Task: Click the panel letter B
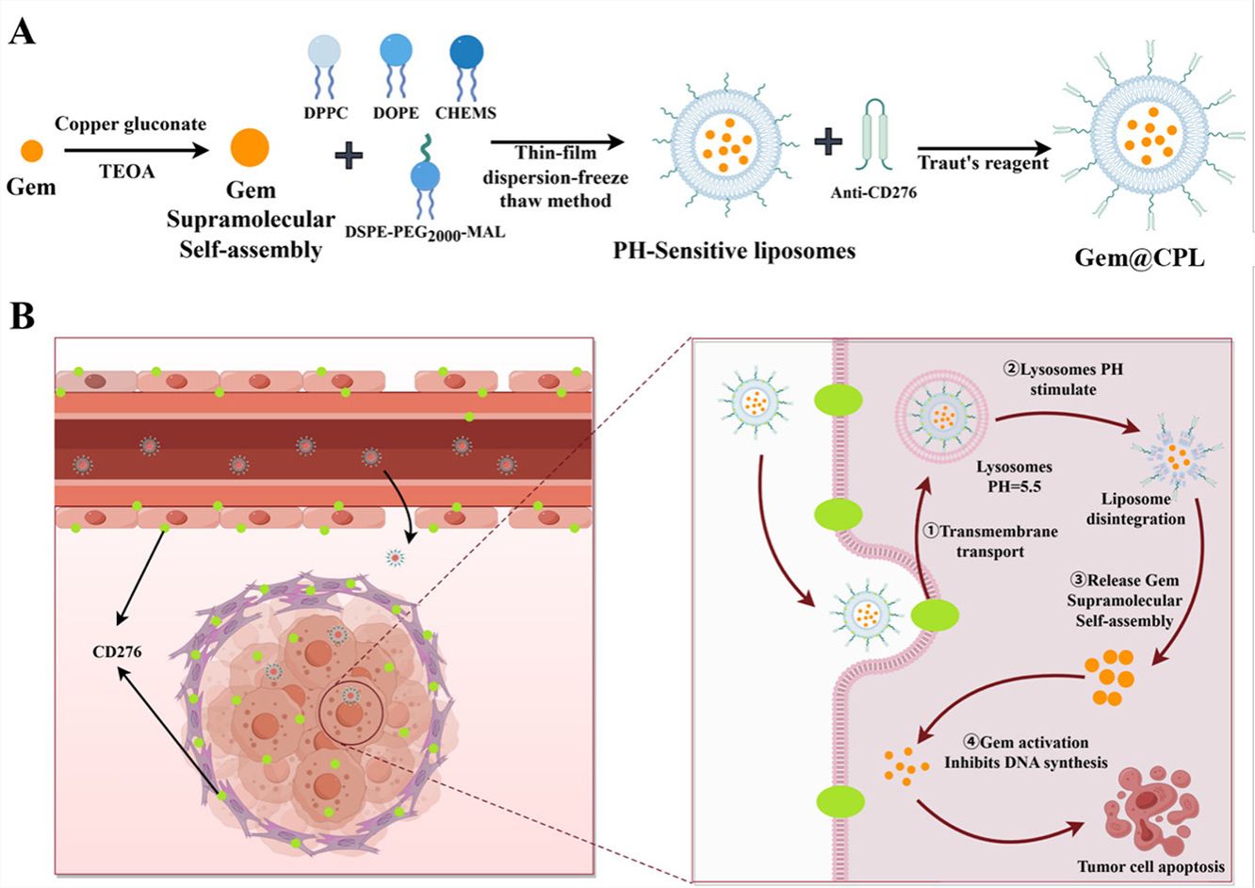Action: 22,316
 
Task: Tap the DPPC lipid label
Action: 327,113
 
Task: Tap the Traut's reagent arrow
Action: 984,148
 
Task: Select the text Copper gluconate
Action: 130,124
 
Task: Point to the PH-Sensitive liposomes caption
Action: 734,251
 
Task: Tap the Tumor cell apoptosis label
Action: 1151,865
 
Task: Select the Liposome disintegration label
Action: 1135,509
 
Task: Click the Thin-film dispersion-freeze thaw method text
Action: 558,176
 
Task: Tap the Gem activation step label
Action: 1025,752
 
